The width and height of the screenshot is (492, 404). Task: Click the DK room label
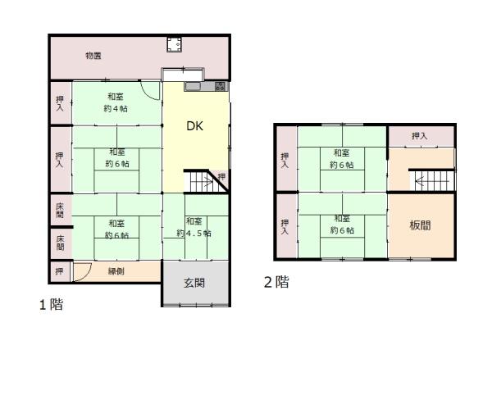tap(194, 126)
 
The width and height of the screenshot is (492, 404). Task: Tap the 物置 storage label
tap(93, 56)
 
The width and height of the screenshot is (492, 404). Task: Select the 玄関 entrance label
tap(194, 283)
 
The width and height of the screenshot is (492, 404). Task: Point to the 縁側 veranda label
tap(116, 271)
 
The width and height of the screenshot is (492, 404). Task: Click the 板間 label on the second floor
tap(420, 225)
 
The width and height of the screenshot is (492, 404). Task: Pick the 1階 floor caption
tap(51, 305)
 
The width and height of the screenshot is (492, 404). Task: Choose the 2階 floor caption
tap(276, 282)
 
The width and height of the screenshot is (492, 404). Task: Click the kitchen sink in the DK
tap(194, 86)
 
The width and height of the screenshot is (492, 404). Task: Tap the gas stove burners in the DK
tap(221, 86)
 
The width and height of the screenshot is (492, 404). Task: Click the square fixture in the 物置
tap(174, 44)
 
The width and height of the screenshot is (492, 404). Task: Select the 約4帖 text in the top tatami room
tap(116, 109)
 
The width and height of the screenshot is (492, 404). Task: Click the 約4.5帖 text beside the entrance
tap(194, 234)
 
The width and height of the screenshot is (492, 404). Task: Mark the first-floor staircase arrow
tap(207, 181)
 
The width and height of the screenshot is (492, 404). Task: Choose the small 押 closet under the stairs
tap(221, 176)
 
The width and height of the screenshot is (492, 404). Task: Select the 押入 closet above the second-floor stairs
tap(420, 136)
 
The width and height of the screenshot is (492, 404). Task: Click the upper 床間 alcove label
tap(60, 211)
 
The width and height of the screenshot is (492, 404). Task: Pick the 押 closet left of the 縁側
tap(59, 271)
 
